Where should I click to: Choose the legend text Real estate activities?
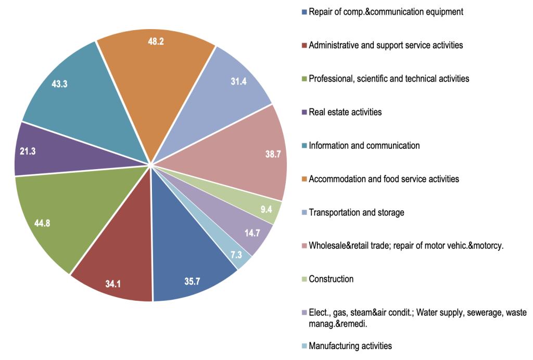345,112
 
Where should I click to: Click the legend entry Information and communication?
364,145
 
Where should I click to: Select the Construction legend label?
331,279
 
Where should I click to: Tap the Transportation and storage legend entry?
356,212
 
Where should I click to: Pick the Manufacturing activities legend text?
350,345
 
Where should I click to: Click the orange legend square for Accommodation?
303,179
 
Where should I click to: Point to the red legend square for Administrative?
303,45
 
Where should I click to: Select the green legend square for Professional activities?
303,79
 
